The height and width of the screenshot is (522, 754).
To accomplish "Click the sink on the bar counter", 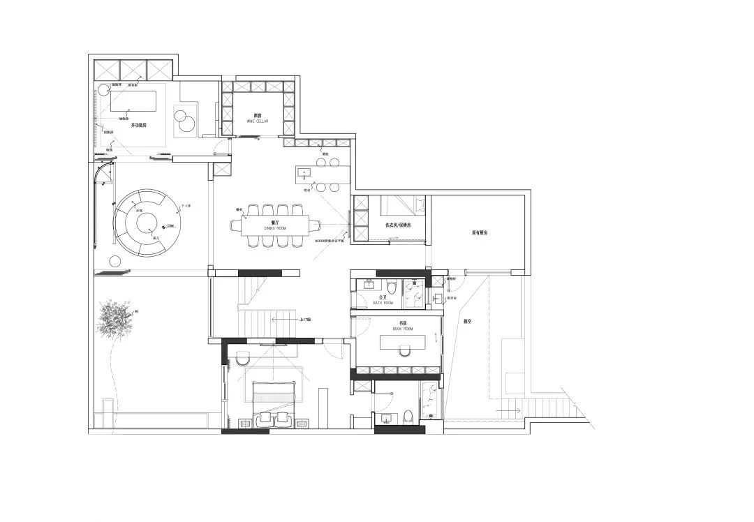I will point(304,171).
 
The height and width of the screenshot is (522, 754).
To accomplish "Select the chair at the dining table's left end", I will point(235,224).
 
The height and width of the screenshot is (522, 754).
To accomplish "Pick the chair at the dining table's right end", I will point(315,225).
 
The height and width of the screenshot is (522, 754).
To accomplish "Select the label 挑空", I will point(468,322).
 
